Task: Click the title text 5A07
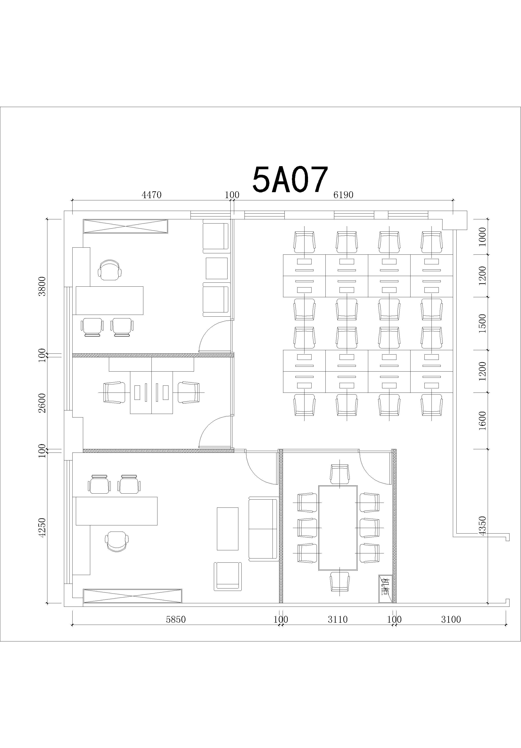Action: pyautogui.click(x=290, y=180)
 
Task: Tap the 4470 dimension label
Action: pyautogui.click(x=151, y=195)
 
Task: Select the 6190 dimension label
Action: pyautogui.click(x=343, y=195)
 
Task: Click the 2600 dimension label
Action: pyautogui.click(x=42, y=403)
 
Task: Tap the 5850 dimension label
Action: pyautogui.click(x=176, y=619)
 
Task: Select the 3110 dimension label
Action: pyautogui.click(x=338, y=619)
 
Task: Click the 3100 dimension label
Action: pyautogui.click(x=451, y=619)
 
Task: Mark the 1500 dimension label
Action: pyautogui.click(x=483, y=323)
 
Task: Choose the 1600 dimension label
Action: pyautogui.click(x=483, y=421)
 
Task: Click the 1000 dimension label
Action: pyautogui.click(x=483, y=237)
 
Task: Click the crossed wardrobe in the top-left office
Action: pyautogui.click(x=125, y=226)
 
